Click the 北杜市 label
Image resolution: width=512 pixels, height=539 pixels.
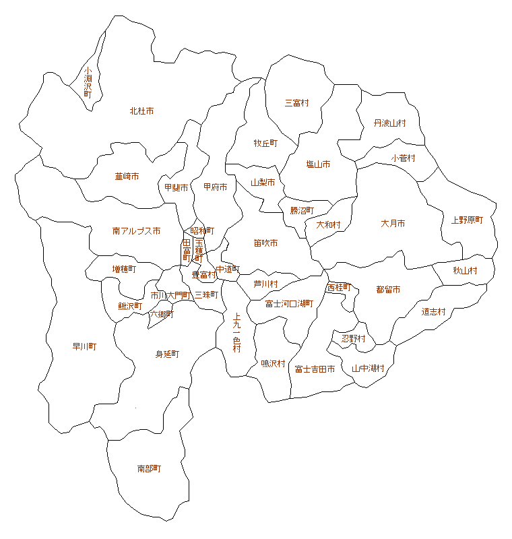[x=141, y=110]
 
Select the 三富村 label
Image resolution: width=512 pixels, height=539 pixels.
[x=296, y=103]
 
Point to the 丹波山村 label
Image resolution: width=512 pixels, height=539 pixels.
[x=390, y=123]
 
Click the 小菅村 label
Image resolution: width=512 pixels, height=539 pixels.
[x=403, y=158]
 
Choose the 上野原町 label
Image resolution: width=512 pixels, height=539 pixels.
[x=467, y=220]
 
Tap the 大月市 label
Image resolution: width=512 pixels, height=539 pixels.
[x=393, y=223]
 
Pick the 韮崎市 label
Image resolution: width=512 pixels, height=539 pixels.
[x=127, y=177]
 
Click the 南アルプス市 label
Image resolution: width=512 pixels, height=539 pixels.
[x=136, y=231]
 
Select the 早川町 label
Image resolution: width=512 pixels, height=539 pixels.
[x=84, y=347]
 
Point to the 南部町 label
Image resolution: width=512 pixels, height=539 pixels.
[x=149, y=468]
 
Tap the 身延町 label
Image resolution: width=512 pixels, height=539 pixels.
[x=167, y=354]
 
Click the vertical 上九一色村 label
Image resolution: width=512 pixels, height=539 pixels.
[x=236, y=332]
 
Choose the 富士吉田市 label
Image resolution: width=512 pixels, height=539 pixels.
[x=315, y=369]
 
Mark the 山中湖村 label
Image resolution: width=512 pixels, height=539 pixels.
[x=368, y=369]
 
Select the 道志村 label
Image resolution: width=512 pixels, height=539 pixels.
[x=434, y=312]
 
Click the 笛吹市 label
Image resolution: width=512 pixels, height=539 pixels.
[x=265, y=243]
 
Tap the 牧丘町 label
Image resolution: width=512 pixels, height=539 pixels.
[x=265, y=144]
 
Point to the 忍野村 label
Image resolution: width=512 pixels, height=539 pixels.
[x=353, y=338]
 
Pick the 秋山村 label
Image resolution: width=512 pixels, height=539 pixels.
[x=465, y=271]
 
